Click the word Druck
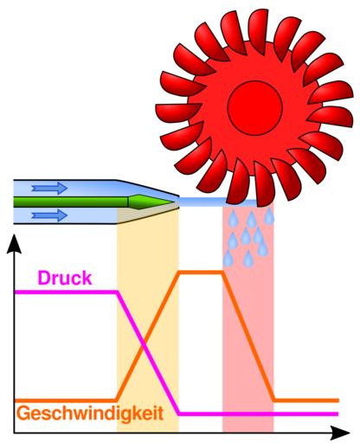coord(65,278)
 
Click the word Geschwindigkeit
coord(90,414)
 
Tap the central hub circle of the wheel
coord(254,108)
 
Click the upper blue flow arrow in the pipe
coord(49,188)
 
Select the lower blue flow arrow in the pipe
coord(49,215)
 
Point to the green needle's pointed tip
coord(174,202)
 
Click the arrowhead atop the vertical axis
coord(14,244)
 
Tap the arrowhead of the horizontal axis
coord(340,433)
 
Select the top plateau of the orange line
coord(201,272)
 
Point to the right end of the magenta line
coord(337,414)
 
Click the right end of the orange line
coord(337,401)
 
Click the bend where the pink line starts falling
coord(117,292)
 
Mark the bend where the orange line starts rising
coord(117,401)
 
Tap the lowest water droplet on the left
coord(228,258)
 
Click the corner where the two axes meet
coord(14,433)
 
